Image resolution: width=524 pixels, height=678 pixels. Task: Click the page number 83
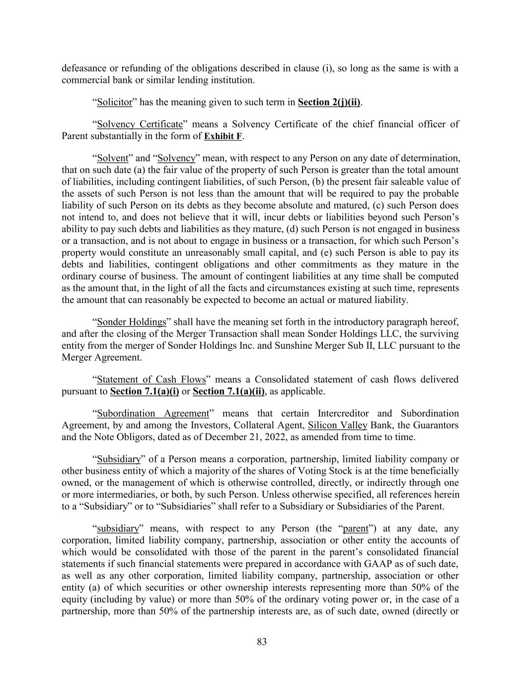(262, 642)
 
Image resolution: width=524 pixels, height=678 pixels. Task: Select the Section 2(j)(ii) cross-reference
(329, 102)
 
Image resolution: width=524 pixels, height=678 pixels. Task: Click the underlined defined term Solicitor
(115, 102)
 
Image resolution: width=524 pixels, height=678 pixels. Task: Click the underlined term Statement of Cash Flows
(151, 379)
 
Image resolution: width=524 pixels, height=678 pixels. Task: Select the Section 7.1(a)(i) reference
(145, 391)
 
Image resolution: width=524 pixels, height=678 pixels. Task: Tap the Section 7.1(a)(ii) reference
(228, 391)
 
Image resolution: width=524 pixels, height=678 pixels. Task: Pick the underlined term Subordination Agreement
(153, 413)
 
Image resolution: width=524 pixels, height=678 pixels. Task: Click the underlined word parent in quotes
(356, 528)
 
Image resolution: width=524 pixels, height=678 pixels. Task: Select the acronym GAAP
(378, 564)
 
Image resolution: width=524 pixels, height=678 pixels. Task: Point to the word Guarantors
(436, 425)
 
